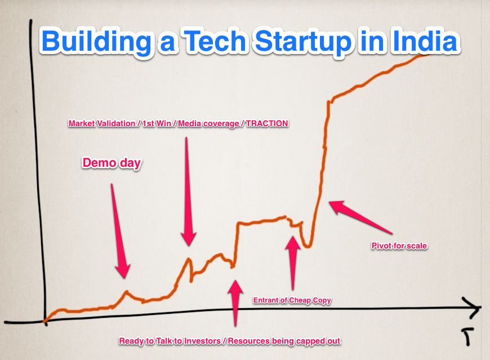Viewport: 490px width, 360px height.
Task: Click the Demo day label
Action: [x=112, y=163]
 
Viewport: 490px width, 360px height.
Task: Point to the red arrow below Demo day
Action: [x=120, y=230]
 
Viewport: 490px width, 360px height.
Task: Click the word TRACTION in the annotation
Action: [x=267, y=123]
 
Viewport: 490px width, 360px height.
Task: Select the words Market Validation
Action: [x=102, y=123]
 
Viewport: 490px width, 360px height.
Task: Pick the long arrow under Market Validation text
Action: [x=188, y=191]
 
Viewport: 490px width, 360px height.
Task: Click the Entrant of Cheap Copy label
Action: [x=292, y=300]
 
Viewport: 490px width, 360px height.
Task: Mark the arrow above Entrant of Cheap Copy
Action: [x=292, y=263]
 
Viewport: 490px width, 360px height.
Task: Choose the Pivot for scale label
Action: [x=399, y=246]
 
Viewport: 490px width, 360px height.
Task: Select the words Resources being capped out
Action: [x=284, y=341]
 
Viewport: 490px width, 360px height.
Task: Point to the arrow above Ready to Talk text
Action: [x=235, y=303]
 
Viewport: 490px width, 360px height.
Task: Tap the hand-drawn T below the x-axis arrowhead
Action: [x=466, y=336]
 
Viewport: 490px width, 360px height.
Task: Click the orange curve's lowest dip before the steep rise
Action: [x=308, y=246]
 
